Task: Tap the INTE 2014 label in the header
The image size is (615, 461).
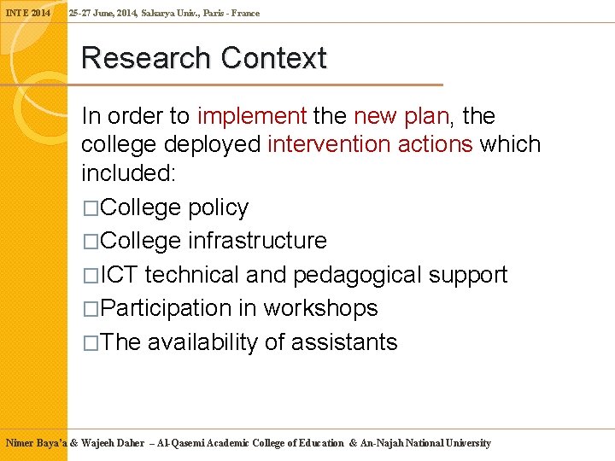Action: (x=28, y=14)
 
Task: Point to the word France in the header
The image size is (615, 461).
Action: (x=245, y=14)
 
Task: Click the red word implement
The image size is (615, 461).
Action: (x=252, y=116)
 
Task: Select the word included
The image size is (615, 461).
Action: (x=126, y=173)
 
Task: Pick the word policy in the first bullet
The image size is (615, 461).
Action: (x=218, y=207)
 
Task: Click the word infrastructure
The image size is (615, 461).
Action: (x=257, y=241)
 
